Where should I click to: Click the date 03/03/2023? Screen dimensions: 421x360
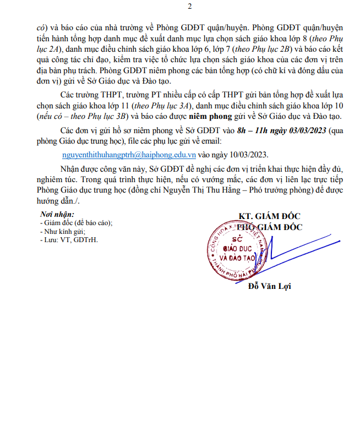[x=307, y=130]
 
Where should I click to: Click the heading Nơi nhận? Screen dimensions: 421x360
[x=56, y=215]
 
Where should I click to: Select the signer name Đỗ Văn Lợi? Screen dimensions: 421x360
[x=269, y=286]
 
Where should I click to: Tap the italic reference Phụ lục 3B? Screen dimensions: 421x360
[x=108, y=117]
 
